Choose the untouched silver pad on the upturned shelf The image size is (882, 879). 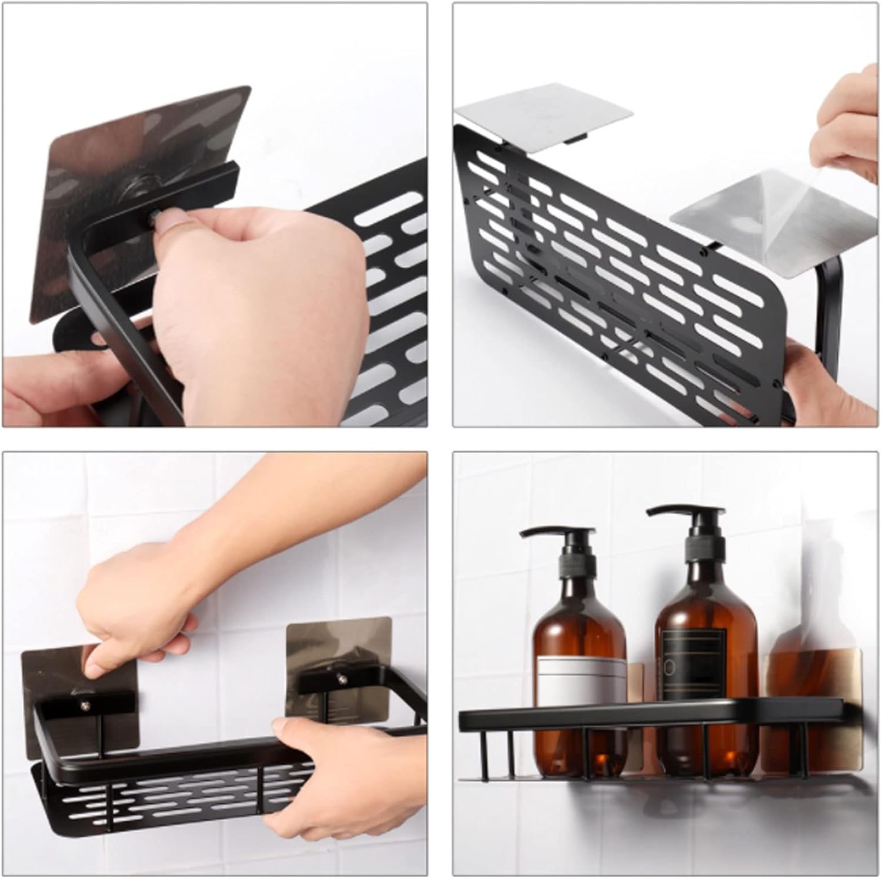click(544, 123)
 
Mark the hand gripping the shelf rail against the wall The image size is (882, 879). click(329, 781)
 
